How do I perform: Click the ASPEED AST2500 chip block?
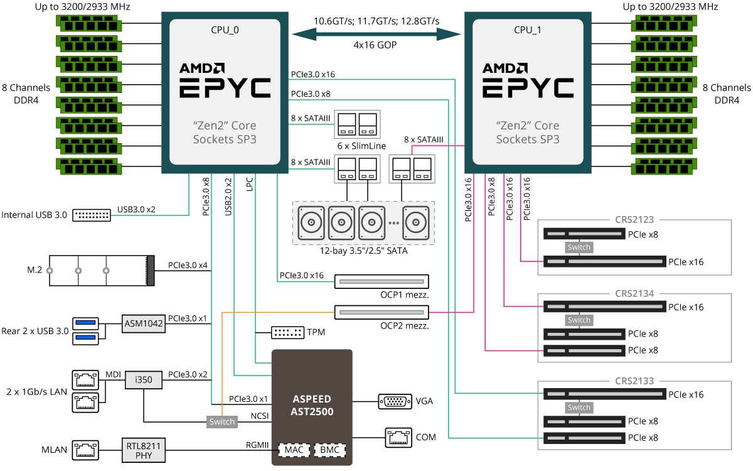coord(312,406)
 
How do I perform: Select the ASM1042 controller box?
coord(143,324)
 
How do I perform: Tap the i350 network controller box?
coord(143,379)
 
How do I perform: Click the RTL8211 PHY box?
coord(143,451)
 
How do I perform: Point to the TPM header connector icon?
coord(287,332)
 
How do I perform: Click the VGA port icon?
coord(395,401)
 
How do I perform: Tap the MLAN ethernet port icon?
coord(85,450)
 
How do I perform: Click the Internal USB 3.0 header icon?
coord(92,215)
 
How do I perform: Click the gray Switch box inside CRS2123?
coord(579,247)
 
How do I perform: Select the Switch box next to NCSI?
coord(222,421)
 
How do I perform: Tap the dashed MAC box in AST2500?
coord(294,450)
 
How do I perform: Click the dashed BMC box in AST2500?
coord(329,450)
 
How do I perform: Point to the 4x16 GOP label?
coord(375,46)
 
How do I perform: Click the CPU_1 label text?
coord(527,29)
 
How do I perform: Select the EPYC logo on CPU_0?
coord(225,88)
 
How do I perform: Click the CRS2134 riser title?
coord(634,293)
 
